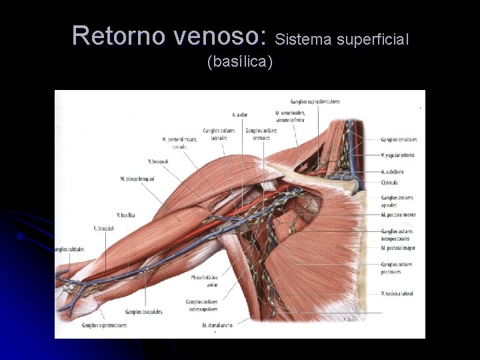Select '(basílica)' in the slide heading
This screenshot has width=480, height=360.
point(240,62)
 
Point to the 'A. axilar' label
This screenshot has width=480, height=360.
point(240,114)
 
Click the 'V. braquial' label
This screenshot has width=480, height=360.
point(158,161)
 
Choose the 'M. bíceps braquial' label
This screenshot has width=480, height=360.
point(137,179)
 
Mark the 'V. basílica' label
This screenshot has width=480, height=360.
point(126,215)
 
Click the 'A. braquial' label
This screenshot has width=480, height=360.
point(103,228)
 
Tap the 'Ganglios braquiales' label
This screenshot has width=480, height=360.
point(143,311)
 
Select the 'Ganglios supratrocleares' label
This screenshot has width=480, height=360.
point(105,326)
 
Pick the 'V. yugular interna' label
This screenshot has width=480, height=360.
point(398,155)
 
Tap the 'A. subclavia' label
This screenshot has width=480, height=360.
point(393,171)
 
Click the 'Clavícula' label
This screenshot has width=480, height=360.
point(390,182)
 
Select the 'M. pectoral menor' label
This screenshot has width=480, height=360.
point(399,215)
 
